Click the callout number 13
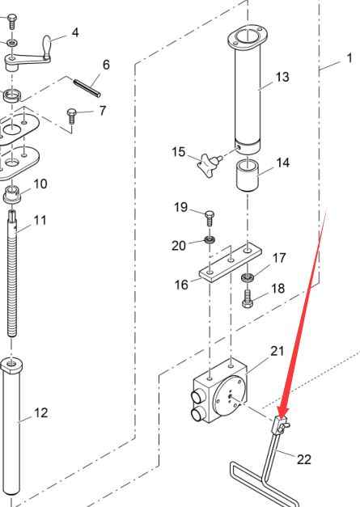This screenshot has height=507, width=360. pyautogui.click(x=282, y=77)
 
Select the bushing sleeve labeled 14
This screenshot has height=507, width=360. pyautogui.click(x=248, y=175)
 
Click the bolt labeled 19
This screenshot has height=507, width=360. pyautogui.click(x=210, y=218)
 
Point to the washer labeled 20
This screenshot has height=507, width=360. pyautogui.click(x=210, y=240)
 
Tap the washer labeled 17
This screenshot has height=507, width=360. pyautogui.click(x=248, y=277)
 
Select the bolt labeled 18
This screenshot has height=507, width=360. pyautogui.click(x=247, y=298)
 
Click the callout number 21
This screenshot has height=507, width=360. pyautogui.click(x=277, y=351)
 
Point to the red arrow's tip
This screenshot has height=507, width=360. pyautogui.click(x=281, y=419)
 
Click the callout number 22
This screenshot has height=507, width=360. pyautogui.click(x=304, y=459)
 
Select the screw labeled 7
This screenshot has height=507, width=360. pyautogui.click(x=71, y=116)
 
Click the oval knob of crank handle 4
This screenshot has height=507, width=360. pyautogui.click(x=47, y=47)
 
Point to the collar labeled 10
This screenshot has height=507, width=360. pyautogui.click(x=12, y=195)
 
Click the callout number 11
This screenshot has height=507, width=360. pyautogui.click(x=40, y=220)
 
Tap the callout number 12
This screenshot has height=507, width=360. pyautogui.click(x=41, y=413)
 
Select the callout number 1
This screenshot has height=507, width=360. pyautogui.click(x=349, y=58)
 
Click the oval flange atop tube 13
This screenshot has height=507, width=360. pyautogui.click(x=248, y=36)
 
